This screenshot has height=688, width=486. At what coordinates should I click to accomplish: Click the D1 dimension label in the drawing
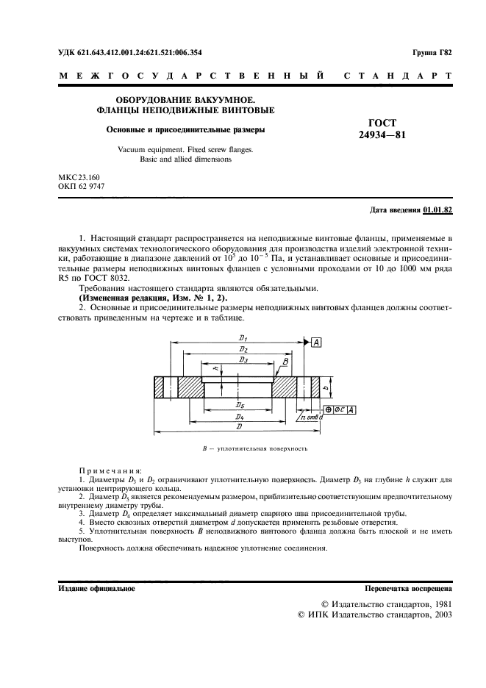(x=243, y=337)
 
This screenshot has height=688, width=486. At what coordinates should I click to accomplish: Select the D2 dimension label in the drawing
(x=243, y=349)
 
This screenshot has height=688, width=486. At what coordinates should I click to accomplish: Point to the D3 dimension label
(x=243, y=360)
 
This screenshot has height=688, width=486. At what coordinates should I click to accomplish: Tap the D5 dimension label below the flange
(x=240, y=405)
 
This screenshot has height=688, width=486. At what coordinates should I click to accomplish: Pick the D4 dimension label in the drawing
(x=240, y=417)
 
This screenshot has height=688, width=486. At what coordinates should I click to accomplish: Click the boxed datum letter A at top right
(x=316, y=343)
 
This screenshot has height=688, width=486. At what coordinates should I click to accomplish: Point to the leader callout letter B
(x=285, y=362)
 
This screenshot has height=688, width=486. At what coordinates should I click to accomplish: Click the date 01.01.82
(x=438, y=209)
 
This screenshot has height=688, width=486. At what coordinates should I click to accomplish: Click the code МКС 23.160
(x=79, y=177)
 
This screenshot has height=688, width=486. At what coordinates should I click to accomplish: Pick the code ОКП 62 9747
(x=82, y=187)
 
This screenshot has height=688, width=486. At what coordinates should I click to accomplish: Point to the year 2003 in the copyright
(x=440, y=614)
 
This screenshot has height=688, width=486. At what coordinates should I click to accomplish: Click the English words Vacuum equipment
(x=149, y=149)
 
